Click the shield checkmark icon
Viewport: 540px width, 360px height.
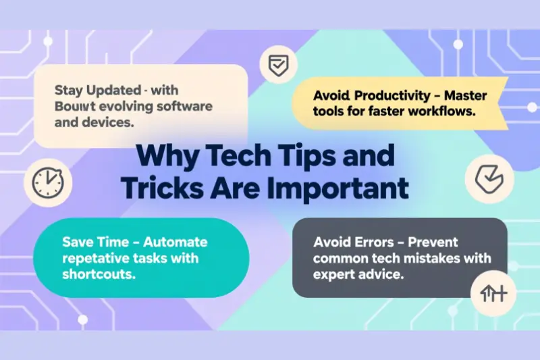tap(278, 66)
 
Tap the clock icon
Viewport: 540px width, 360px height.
tap(47, 182)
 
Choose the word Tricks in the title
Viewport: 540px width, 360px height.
tap(178, 190)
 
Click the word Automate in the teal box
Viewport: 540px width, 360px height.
tap(175, 242)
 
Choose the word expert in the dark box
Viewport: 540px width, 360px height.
tap(335, 274)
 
